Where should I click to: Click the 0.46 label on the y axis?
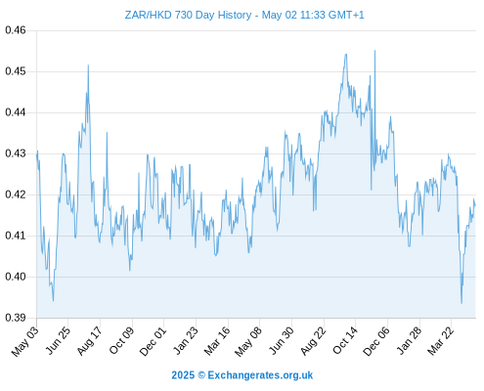click(x=16, y=30)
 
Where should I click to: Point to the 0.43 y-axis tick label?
click(x=16, y=153)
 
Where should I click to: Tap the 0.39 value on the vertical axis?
click(x=16, y=318)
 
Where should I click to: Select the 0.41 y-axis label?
click(x=16, y=236)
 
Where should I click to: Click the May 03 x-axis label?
click(x=25, y=341)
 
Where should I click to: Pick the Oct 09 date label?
click(x=121, y=340)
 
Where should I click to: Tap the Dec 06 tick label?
click(x=376, y=341)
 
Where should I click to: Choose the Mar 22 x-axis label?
click(x=440, y=341)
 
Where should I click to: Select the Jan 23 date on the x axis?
click(x=186, y=340)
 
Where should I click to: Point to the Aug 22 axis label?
click(x=313, y=341)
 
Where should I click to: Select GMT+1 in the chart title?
click(x=346, y=15)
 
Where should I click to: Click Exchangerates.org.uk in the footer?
click(x=260, y=375)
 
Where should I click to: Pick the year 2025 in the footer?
click(x=183, y=375)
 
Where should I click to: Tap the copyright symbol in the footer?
click(x=201, y=375)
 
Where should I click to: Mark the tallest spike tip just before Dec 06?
click(x=374, y=51)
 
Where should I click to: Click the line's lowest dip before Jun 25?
click(x=53, y=301)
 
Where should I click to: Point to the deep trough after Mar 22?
click(x=462, y=303)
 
